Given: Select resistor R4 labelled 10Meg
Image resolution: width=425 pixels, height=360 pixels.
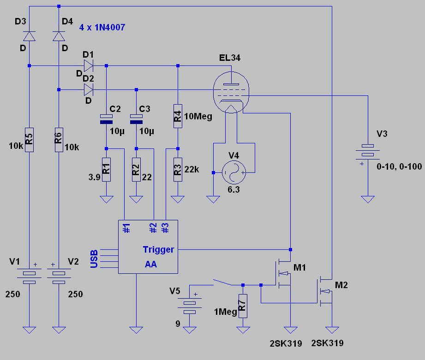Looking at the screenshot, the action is (178, 116).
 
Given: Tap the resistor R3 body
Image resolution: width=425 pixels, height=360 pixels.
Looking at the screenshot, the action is (178, 170).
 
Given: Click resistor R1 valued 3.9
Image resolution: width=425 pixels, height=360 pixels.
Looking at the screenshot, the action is (106, 170).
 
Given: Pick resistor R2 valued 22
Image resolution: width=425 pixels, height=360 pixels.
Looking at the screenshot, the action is (136, 170).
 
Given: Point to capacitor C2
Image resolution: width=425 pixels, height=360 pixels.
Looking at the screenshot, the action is (106, 119).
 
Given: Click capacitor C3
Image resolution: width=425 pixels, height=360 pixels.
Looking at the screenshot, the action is (136, 119).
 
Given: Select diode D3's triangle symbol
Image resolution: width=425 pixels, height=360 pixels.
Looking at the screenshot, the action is (29, 36).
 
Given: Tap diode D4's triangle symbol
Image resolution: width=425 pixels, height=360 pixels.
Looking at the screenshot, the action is (59, 36).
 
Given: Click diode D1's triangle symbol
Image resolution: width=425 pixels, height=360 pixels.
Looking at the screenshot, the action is (89, 66).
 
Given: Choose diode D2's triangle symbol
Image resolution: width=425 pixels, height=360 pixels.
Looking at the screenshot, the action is (89, 89).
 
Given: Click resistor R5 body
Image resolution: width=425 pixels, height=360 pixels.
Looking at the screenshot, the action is (29, 140).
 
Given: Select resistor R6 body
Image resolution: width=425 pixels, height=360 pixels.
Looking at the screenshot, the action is (59, 140).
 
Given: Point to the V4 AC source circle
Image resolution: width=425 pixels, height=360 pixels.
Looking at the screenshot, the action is (233, 172).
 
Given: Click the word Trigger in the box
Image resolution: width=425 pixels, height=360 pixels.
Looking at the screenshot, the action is (158, 249).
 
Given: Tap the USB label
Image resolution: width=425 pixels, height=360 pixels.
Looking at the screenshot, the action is (94, 259).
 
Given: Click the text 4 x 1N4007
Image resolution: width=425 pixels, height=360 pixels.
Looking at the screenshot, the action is (102, 27).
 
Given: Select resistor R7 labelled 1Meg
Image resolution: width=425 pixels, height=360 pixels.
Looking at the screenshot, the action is (243, 306).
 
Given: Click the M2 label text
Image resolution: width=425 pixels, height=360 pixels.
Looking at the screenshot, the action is (341, 285).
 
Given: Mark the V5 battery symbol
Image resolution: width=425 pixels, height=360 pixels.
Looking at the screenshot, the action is (190, 307).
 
